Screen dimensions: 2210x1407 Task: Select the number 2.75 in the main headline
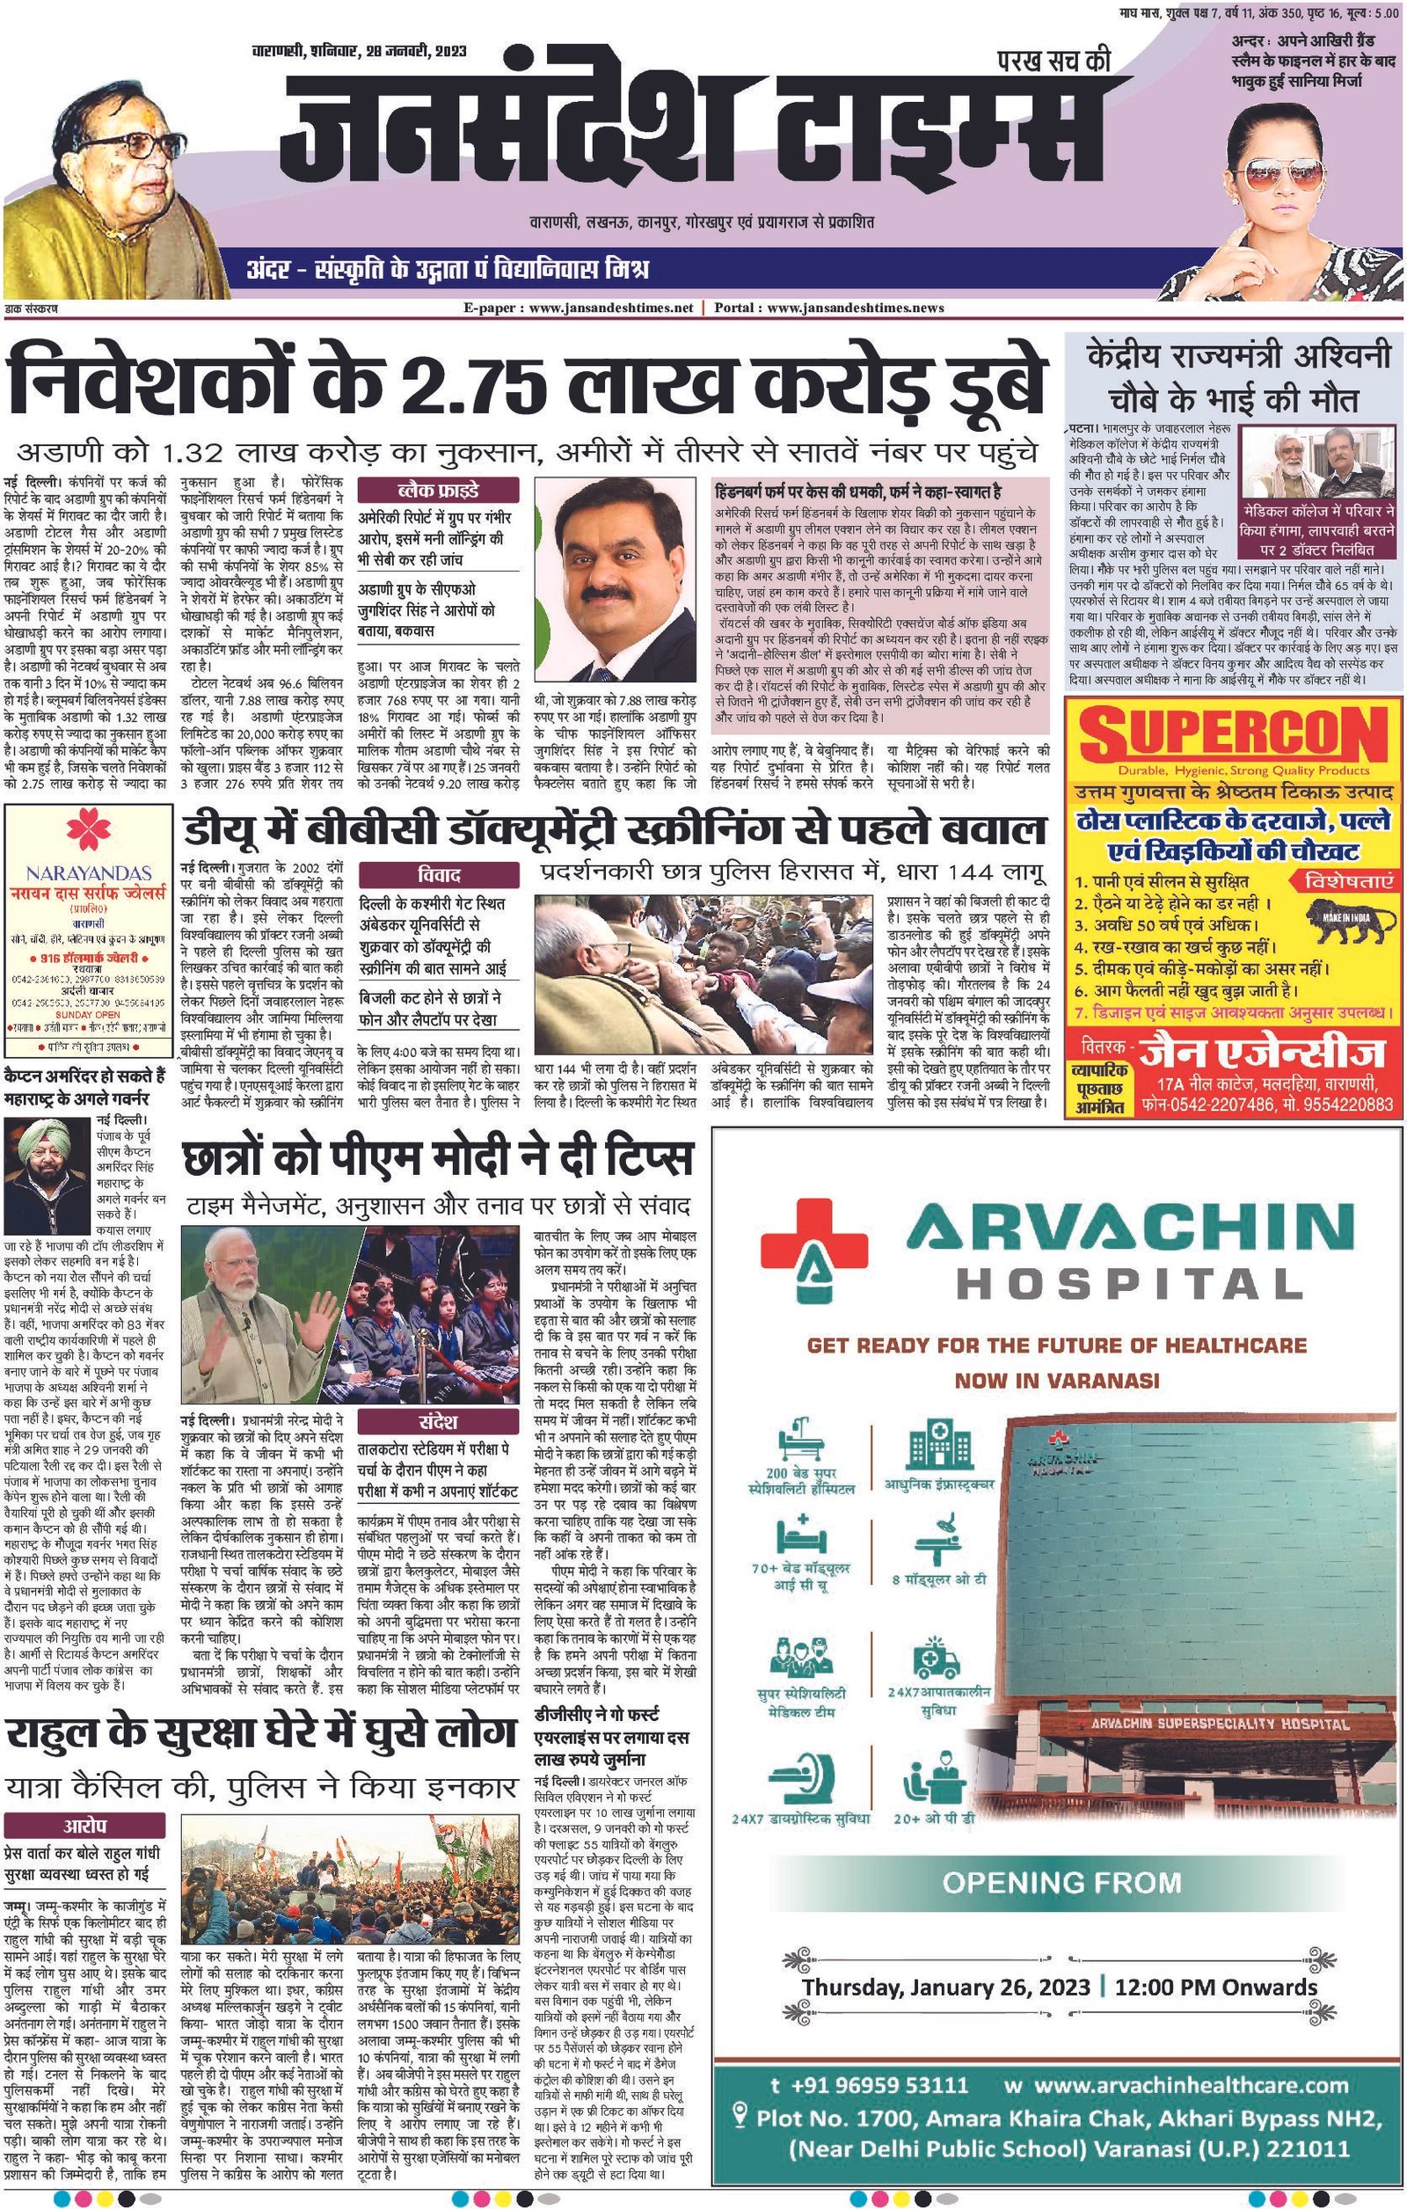tap(469, 382)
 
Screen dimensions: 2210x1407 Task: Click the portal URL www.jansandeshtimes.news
tap(854, 309)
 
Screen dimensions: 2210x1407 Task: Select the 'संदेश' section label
tap(438, 1423)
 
